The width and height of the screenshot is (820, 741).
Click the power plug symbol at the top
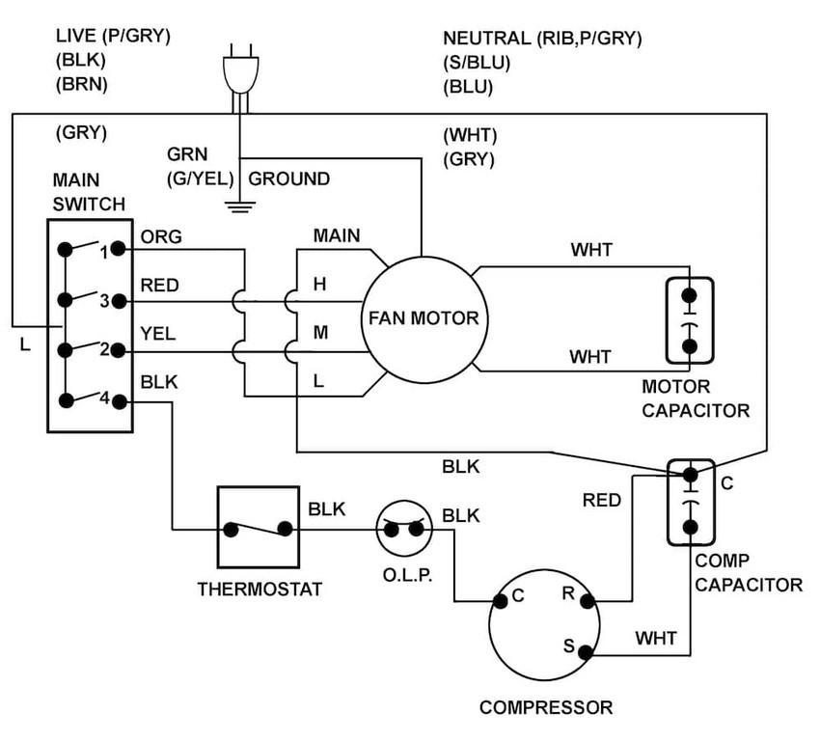click(237, 71)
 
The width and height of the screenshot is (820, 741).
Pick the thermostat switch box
click(258, 527)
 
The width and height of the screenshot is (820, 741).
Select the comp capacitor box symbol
click(690, 501)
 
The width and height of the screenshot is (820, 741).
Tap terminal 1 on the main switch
click(117, 249)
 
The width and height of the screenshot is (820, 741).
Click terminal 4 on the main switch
click(117, 398)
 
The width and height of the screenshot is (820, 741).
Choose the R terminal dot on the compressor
click(588, 600)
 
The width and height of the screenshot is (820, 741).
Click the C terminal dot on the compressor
click(500, 601)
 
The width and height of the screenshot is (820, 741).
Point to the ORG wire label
click(161, 237)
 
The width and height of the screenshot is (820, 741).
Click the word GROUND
click(289, 179)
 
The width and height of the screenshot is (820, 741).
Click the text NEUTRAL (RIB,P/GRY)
click(542, 39)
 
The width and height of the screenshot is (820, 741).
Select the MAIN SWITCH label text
click(89, 192)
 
